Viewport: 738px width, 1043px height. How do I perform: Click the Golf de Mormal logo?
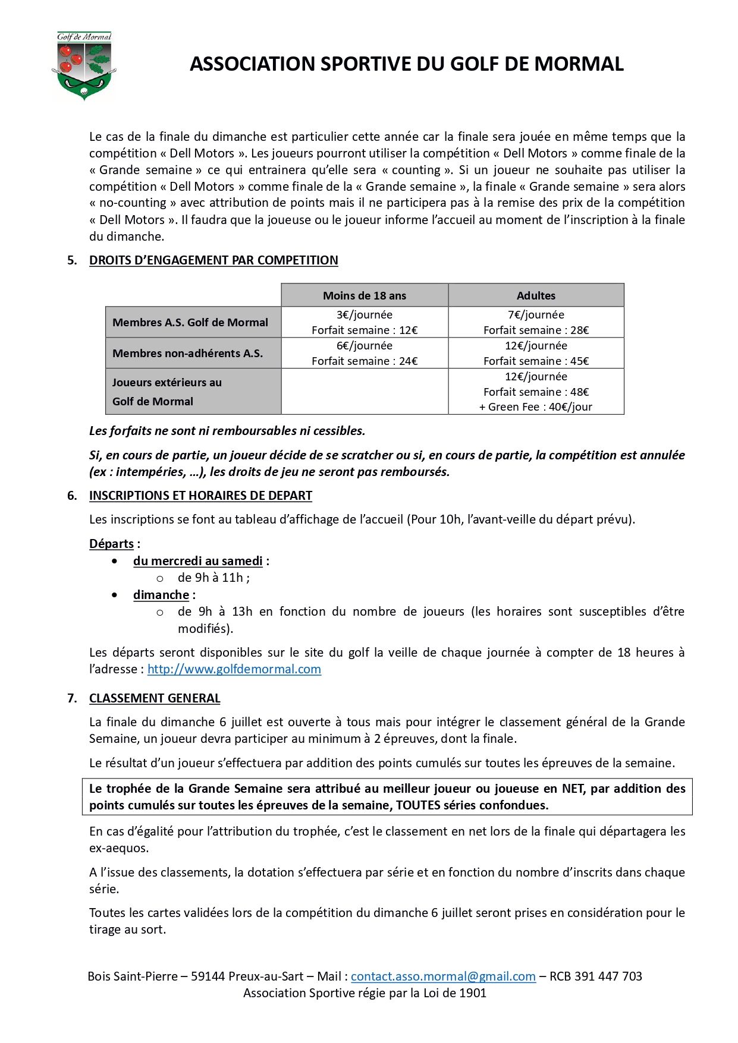(84, 66)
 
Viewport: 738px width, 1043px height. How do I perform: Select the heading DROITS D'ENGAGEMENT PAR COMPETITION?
(213, 260)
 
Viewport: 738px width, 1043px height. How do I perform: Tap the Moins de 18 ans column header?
(365, 295)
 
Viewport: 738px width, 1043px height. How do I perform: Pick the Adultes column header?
(536, 295)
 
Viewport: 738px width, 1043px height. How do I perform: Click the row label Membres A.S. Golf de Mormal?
(190, 323)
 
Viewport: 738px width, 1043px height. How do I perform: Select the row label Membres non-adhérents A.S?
(187, 354)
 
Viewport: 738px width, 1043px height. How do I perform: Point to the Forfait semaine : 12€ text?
(365, 330)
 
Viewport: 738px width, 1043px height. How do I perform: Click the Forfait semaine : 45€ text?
(536, 361)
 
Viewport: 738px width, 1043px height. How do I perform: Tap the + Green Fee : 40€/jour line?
(536, 407)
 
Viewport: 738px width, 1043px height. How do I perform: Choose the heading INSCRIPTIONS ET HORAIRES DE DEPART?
(200, 496)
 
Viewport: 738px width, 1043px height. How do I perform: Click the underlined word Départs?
(111, 544)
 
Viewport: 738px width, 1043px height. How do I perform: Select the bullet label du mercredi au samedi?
(198, 561)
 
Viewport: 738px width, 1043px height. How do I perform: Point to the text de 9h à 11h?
(212, 578)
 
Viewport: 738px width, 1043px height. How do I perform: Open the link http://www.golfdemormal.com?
(234, 669)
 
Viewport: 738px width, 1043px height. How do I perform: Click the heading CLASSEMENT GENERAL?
(155, 698)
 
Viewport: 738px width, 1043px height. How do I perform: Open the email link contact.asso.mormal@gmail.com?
(443, 976)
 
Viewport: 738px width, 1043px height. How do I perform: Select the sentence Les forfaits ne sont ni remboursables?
(227, 431)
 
